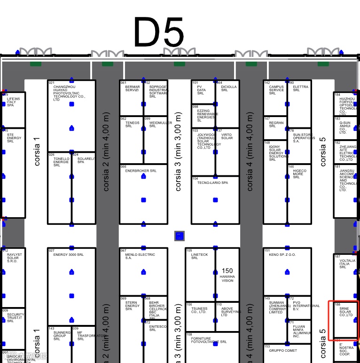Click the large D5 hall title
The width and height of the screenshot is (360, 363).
click(x=159, y=32)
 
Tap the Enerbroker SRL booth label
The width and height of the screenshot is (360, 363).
click(x=141, y=171)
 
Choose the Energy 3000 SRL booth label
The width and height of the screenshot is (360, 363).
click(x=68, y=255)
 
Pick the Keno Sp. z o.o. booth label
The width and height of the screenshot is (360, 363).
click(x=282, y=255)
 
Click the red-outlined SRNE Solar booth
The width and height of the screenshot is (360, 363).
click(x=344, y=320)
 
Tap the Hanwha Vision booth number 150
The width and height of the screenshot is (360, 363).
click(x=227, y=271)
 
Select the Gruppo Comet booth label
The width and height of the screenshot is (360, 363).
click(x=283, y=351)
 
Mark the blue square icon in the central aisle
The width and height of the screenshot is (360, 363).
click(x=180, y=236)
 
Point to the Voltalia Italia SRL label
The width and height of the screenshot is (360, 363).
click(x=347, y=263)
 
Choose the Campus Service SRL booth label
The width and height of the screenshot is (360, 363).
click(x=276, y=90)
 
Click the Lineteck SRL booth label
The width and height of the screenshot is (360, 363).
click(x=199, y=256)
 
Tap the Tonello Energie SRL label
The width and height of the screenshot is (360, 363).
click(x=61, y=162)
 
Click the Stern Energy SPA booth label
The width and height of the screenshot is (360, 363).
click(x=132, y=306)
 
